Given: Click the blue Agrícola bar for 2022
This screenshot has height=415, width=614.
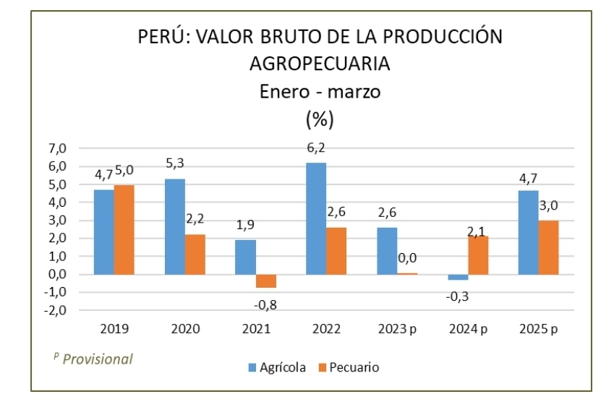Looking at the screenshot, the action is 316,218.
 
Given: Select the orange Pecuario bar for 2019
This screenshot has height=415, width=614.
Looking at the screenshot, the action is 124,230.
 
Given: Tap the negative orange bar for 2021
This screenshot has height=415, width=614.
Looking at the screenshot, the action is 266,281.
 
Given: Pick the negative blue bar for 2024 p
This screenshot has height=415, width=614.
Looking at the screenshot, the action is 459,277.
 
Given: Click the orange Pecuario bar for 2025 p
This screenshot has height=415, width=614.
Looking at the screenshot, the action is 549,247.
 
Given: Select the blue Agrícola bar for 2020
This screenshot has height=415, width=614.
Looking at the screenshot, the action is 175,227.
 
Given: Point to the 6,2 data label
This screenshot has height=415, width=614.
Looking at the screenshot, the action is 316,148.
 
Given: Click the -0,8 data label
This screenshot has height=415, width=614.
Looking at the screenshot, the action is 265,304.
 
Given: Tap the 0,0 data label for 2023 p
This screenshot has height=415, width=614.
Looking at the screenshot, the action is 407,258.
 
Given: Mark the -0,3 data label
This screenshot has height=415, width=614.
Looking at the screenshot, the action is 457,296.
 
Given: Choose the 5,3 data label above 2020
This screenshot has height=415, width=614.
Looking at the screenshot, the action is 174,163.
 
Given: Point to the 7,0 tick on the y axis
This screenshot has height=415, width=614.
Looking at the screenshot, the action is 57,148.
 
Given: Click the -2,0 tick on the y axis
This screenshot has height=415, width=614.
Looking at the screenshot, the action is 55,310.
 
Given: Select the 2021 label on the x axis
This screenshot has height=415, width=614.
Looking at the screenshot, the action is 256,329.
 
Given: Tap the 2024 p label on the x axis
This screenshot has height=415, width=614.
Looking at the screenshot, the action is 469,329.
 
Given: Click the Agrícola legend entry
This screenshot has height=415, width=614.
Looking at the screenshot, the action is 277,367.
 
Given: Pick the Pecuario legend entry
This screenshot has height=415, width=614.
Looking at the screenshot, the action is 349,367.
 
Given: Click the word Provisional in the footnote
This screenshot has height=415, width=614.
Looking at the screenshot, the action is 98,359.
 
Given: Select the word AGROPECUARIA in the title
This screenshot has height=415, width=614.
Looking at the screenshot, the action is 320,64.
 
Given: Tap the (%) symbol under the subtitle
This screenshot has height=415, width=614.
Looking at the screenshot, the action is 320,119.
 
